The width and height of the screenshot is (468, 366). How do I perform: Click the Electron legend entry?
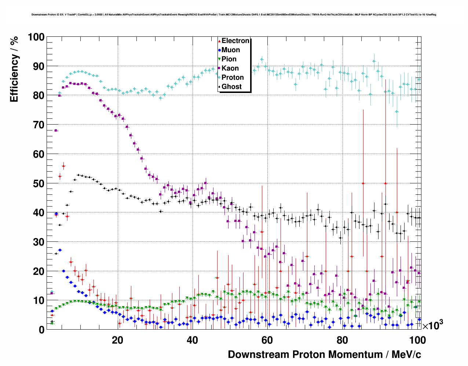pos(235,41)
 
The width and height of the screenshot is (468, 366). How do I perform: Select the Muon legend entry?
pos(231,50)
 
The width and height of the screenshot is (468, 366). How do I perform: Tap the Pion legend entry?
pos(229,59)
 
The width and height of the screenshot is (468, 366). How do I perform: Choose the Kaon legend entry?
pos(230,68)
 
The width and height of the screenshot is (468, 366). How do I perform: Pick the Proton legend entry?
pos(233,78)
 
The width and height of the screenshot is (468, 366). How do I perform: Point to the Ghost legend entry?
pos(231,87)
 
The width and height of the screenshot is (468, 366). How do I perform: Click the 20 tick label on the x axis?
pos(117,340)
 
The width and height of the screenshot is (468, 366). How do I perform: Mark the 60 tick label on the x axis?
pos(267,340)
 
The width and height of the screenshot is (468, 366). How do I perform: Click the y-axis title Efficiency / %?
pos(14,69)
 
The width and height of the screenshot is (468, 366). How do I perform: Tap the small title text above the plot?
pos(234,15)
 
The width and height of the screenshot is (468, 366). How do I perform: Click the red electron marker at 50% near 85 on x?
pos(363,183)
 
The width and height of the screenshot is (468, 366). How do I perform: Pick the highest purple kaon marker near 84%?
pos(70,83)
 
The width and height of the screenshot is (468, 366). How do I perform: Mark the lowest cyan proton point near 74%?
pos(396,112)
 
